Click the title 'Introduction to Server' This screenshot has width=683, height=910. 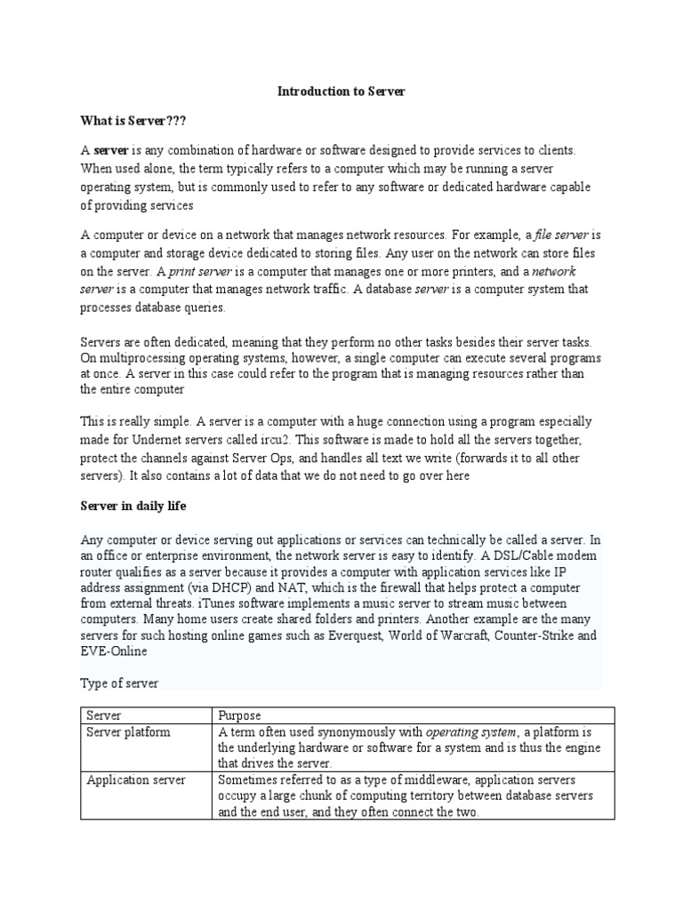(x=341, y=91)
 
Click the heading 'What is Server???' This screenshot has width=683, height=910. (x=133, y=119)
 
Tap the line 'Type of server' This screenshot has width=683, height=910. (x=119, y=683)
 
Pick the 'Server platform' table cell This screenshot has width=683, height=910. (x=128, y=732)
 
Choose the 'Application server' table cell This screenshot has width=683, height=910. (x=136, y=779)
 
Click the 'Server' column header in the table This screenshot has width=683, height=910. (x=104, y=714)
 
